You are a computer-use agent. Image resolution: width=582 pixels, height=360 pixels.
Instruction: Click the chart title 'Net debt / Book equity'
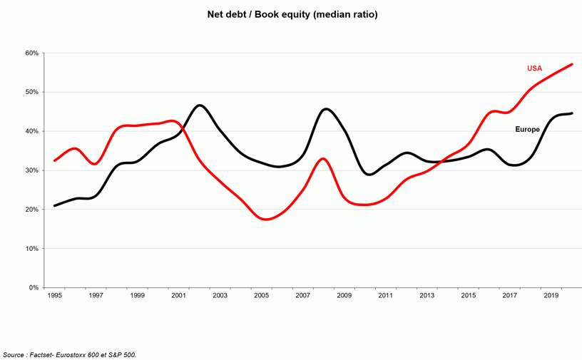(291, 14)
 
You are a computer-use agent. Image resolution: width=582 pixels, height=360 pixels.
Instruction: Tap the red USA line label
(534, 68)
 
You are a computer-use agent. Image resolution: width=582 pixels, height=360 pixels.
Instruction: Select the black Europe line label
(527, 129)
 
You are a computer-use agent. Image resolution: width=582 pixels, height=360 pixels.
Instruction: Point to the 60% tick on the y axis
(31, 53)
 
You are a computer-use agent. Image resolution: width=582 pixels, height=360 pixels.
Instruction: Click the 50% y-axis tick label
(31, 93)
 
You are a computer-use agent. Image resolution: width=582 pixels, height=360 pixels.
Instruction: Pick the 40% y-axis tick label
(31, 131)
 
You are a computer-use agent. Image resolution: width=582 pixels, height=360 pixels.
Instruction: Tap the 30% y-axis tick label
(31, 170)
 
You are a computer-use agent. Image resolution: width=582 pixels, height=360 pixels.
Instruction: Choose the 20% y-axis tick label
(31, 210)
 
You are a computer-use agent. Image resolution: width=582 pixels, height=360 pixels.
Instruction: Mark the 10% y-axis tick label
(31, 249)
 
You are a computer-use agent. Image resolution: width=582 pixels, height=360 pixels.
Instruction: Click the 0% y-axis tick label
(33, 288)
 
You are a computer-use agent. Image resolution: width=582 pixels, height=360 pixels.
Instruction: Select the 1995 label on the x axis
(54, 295)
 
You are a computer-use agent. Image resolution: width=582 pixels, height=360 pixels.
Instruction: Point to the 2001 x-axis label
(178, 295)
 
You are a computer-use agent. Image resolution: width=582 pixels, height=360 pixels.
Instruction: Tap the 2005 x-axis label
(261, 295)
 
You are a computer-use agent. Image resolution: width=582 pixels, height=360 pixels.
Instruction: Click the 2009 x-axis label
(344, 295)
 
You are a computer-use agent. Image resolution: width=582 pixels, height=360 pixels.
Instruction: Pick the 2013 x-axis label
(427, 295)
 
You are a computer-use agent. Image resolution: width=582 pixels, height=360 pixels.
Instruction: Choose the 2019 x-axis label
(551, 295)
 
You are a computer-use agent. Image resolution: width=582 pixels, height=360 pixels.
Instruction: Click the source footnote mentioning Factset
(69, 354)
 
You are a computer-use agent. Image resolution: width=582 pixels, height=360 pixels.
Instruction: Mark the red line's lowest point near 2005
(265, 219)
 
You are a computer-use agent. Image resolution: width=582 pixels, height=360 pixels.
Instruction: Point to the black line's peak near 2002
(200, 106)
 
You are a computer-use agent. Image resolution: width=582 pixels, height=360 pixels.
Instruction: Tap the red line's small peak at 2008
(323, 158)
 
